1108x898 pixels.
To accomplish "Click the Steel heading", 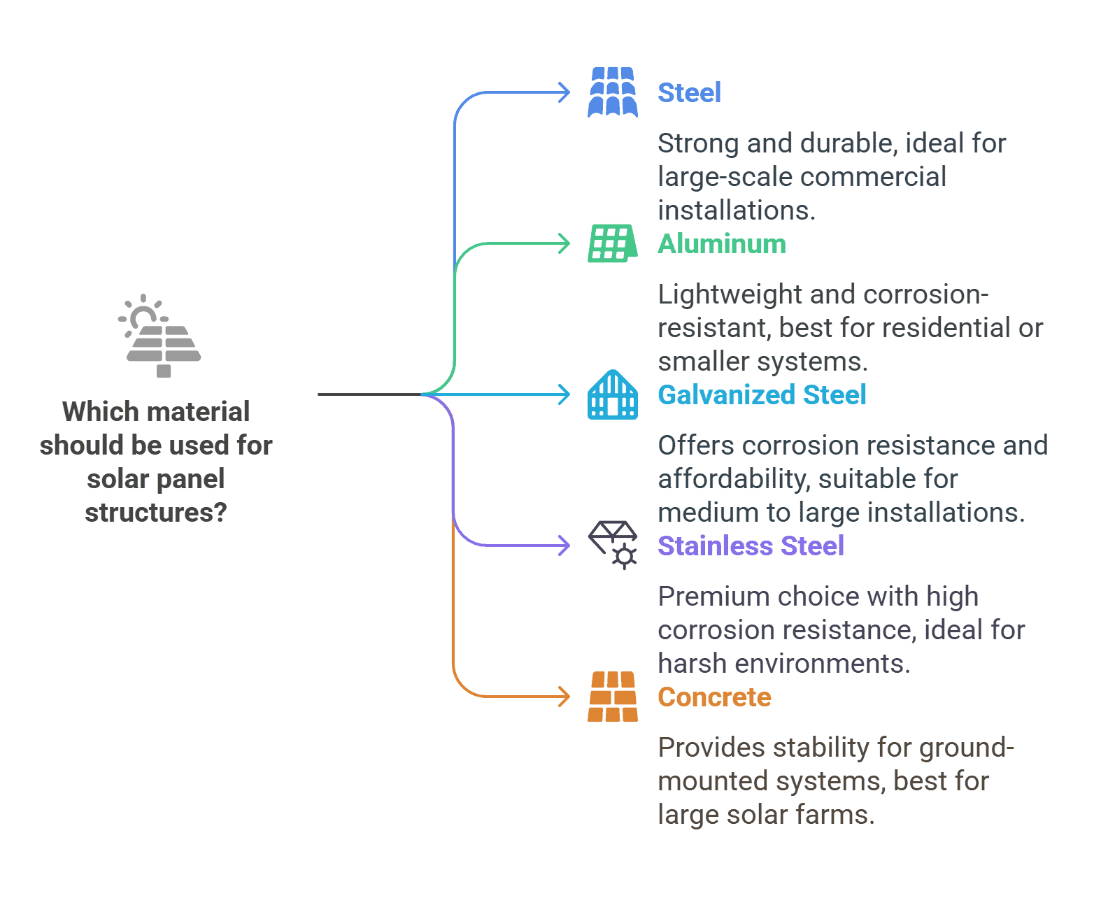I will pos(689,93).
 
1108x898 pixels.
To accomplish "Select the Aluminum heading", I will pos(721,244).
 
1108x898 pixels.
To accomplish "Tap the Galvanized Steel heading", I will pos(762,395).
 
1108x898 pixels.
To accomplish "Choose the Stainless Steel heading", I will pos(751,546).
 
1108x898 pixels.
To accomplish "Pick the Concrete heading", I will pos(714,697).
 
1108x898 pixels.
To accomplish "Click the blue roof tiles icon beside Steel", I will pos(613,92).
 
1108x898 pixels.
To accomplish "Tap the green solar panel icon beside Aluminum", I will pos(613,243).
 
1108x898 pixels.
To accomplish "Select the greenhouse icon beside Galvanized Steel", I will pos(613,394).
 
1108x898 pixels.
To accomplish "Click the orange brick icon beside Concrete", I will pos(613,697).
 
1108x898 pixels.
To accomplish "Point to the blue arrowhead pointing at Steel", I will pos(564,92).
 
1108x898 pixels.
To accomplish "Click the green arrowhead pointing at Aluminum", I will pos(564,243).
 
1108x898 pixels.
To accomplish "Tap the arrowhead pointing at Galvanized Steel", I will pos(564,394).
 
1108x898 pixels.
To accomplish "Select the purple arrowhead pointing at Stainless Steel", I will pos(564,546).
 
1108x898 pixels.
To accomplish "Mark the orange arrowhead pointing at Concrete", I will pos(564,697).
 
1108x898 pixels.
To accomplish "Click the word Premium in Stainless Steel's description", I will pos(713,597).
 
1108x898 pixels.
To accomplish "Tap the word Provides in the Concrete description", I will pos(712,748).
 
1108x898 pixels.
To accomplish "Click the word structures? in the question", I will pos(156,513).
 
